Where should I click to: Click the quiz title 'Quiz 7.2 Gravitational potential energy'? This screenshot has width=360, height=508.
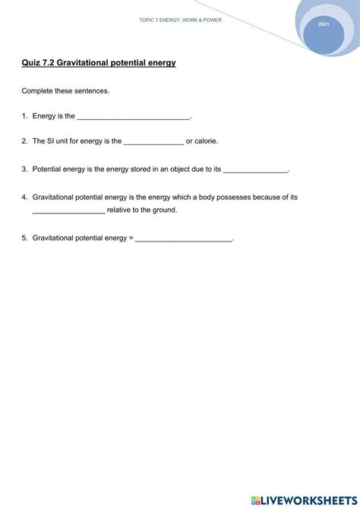pos(99,62)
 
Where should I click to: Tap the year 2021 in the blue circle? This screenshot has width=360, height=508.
pos(324,26)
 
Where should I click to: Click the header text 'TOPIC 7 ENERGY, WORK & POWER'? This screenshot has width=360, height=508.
pos(181,21)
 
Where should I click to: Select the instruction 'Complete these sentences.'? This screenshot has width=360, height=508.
pos(66,91)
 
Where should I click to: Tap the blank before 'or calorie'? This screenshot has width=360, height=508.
pos(153,142)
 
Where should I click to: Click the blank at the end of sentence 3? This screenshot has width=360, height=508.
pos(256,170)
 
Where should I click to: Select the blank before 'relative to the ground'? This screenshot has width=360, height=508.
pos(68,210)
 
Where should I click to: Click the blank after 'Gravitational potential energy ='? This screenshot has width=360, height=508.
pos(184,239)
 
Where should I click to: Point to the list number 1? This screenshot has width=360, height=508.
pos(24,116)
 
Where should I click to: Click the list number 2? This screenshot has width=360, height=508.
pos(24,141)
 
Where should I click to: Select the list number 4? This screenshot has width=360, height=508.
pos(24,197)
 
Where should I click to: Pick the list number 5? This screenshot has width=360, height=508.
pos(24,238)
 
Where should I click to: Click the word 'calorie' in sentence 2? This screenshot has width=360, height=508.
pos(207,141)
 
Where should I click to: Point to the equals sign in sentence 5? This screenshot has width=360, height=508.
pos(131,238)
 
